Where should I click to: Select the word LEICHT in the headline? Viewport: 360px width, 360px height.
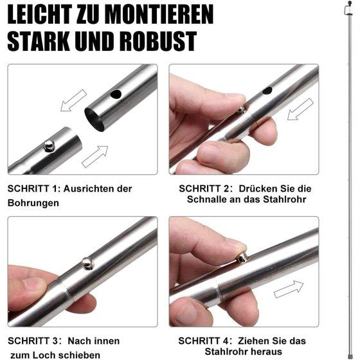(39, 14)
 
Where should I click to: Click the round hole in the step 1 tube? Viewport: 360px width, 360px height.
(116, 94)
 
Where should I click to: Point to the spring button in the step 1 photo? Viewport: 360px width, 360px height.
(49, 145)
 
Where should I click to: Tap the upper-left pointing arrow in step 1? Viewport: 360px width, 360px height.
(73, 100)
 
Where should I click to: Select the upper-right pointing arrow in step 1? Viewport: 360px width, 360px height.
(95, 156)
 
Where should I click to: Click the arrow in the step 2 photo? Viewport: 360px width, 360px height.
(300, 109)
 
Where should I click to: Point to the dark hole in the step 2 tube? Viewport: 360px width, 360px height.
(267, 91)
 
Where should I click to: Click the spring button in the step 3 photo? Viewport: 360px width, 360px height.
(88, 264)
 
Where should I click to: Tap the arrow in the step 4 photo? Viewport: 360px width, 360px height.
(289, 289)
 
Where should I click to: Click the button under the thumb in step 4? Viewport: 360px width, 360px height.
(242, 258)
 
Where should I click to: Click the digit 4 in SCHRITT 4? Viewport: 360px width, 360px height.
(226, 341)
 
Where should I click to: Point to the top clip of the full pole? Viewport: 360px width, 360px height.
(348, 9)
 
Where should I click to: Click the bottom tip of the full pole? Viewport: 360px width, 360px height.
(350, 357)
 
